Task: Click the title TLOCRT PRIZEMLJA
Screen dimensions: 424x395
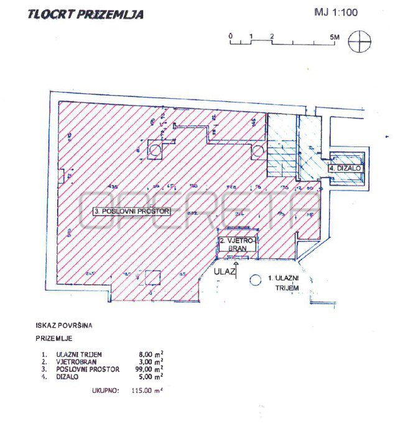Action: click(85, 14)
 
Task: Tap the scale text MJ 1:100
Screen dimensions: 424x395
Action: click(336, 12)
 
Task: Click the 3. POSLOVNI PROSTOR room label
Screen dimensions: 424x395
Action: click(132, 211)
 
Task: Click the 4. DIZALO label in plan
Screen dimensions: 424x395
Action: click(345, 168)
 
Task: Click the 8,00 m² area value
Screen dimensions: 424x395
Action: click(152, 354)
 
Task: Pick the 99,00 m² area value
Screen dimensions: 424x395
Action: click(151, 369)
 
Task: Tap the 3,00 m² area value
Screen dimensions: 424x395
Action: click(152, 361)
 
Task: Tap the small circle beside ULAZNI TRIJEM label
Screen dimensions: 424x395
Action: click(253, 280)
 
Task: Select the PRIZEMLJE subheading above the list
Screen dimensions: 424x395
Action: click(54, 339)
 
